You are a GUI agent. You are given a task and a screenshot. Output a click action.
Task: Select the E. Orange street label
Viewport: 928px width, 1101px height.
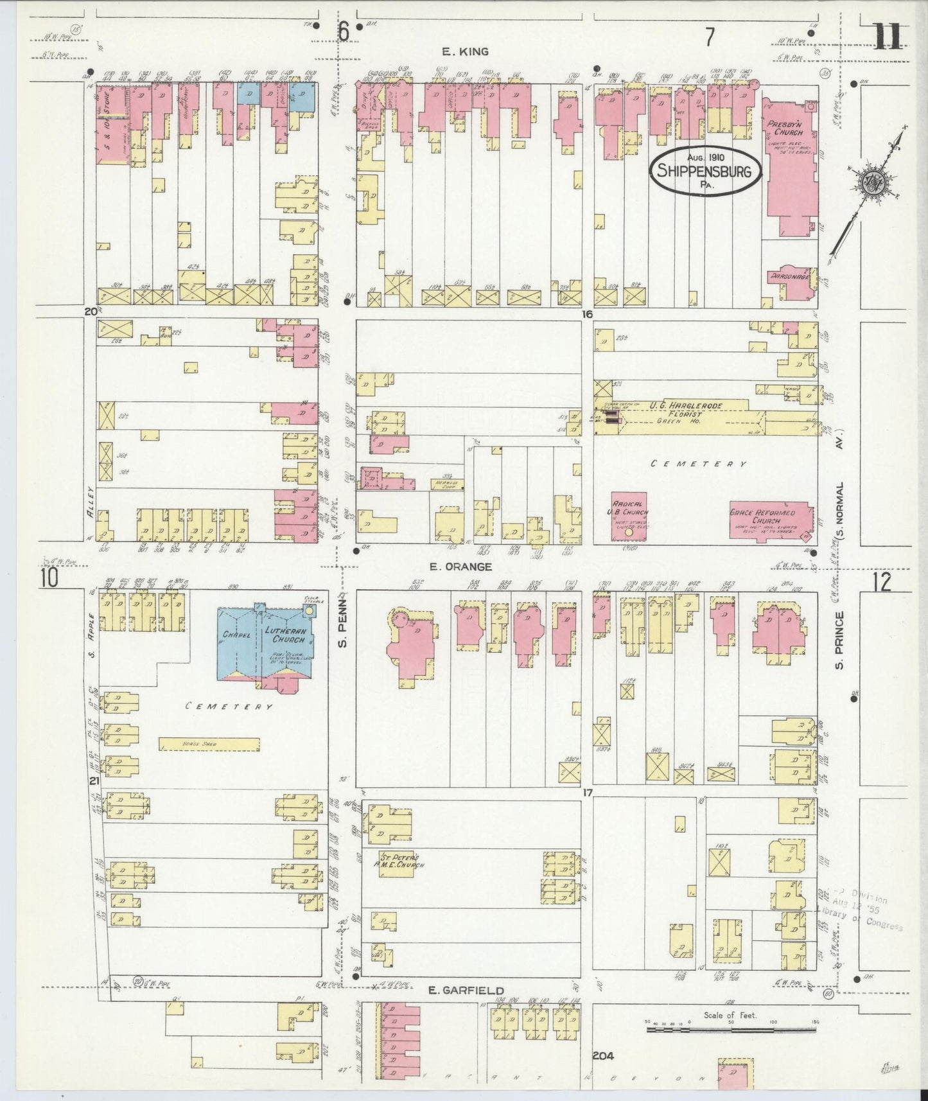[x=460, y=567]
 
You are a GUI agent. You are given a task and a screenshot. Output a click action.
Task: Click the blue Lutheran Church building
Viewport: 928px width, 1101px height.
[x=269, y=645]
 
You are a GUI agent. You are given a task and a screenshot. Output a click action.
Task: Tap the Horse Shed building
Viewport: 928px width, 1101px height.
[x=209, y=744]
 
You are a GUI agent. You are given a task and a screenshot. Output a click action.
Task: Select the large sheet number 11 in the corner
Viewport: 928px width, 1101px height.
[x=889, y=37]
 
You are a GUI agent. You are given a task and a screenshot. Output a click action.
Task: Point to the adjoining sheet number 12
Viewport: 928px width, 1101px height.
[x=882, y=582]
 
